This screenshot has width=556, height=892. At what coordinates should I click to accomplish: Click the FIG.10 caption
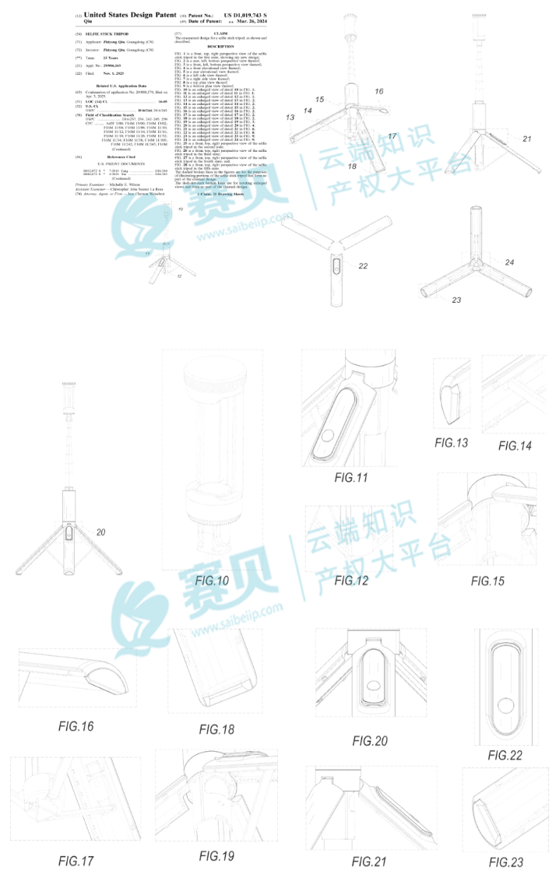[212, 580]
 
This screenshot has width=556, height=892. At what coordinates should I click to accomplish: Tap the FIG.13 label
[452, 443]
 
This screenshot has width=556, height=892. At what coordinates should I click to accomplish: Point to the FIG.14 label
[515, 445]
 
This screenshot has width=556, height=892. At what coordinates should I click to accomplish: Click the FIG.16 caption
[76, 726]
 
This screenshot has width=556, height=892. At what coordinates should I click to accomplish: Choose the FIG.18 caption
[216, 729]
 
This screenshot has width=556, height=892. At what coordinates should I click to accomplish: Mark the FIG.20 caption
[370, 741]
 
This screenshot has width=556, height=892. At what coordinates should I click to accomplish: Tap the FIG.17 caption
[76, 861]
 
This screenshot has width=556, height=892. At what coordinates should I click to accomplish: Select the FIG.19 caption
[216, 855]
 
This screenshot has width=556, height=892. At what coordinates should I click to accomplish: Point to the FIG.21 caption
[369, 861]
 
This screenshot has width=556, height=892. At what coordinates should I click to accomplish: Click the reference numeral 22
[363, 266]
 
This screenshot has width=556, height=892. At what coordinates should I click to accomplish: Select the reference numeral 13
[290, 118]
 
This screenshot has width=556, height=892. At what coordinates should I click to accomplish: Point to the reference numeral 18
[352, 166]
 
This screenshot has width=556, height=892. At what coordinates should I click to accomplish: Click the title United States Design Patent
[130, 15]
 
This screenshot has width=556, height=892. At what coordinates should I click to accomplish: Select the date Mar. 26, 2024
[245, 23]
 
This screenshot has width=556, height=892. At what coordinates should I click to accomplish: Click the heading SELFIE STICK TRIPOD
[107, 35]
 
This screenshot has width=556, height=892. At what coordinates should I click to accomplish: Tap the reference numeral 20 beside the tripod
[100, 532]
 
